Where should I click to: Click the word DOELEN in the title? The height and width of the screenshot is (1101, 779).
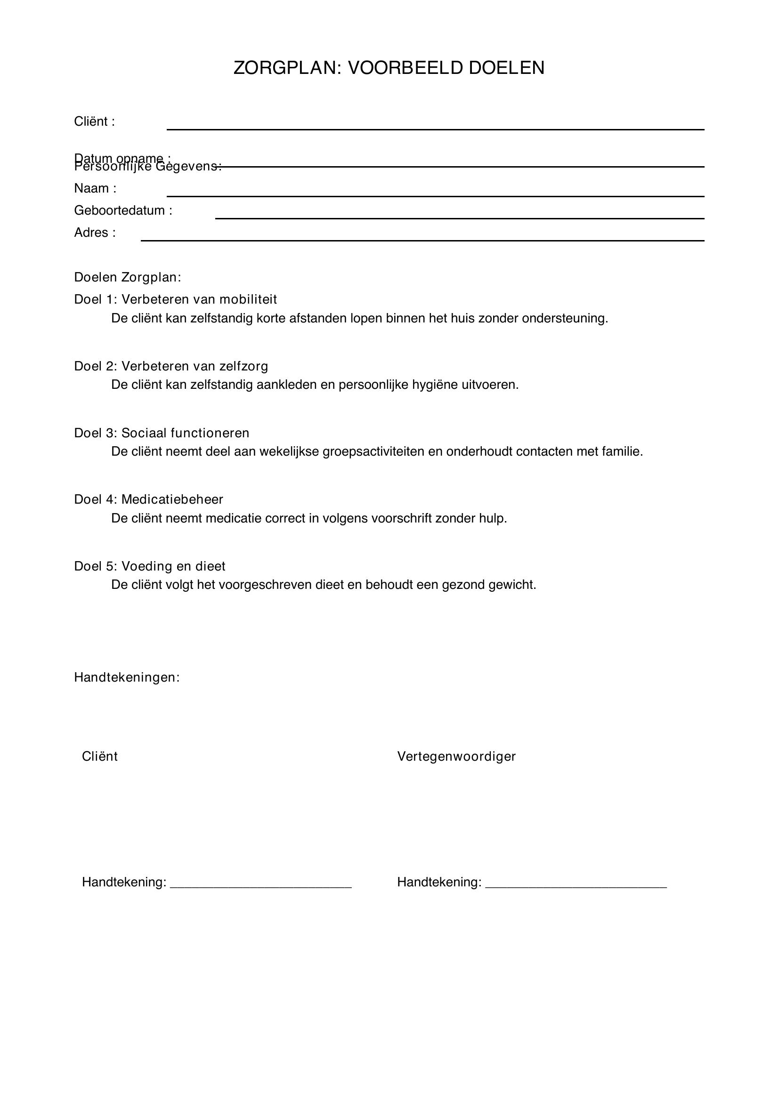pyautogui.click(x=507, y=68)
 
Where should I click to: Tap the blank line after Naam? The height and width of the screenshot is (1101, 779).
pyautogui.click(x=435, y=195)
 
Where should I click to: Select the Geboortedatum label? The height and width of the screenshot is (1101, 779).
pyautogui.click(x=123, y=210)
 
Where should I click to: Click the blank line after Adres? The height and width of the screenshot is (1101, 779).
pyautogui.click(x=422, y=239)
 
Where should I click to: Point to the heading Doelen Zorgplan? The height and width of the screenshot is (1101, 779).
pyautogui.click(x=128, y=277)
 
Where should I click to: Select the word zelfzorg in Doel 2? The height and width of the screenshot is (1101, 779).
pyautogui.click(x=243, y=366)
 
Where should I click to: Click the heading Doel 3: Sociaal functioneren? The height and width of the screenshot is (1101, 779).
pyautogui.click(x=162, y=433)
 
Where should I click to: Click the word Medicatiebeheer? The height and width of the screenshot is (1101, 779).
pyautogui.click(x=172, y=500)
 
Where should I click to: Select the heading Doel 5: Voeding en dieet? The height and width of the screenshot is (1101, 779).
pyautogui.click(x=150, y=566)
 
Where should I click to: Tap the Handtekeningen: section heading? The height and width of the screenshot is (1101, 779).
pyautogui.click(x=127, y=677)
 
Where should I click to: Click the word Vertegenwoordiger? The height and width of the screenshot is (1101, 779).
pyautogui.click(x=456, y=757)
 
